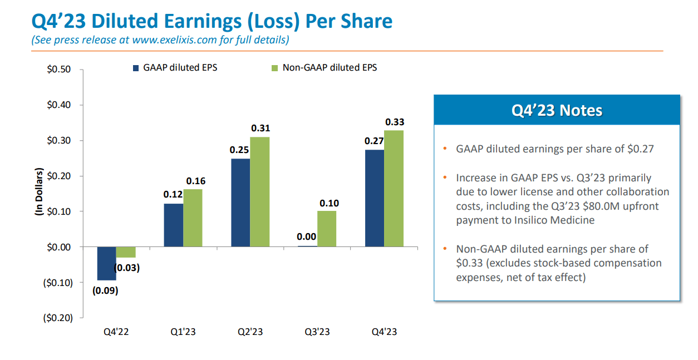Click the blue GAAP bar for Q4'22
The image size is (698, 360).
[106, 263]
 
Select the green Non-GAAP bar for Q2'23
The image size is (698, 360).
[260, 191]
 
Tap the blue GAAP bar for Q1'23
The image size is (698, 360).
[174, 225]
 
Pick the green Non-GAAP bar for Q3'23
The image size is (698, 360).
[327, 229]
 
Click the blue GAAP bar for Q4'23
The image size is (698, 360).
[375, 198]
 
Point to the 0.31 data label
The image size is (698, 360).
[260, 128]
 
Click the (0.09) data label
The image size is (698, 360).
[105, 290]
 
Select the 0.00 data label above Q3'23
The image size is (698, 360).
[307, 236]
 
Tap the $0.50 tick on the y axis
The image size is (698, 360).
[58, 70]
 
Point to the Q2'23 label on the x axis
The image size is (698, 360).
[250, 332]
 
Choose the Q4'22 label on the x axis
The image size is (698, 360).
[116, 332]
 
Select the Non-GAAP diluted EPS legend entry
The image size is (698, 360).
[329, 68]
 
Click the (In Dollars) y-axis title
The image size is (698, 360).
[40, 191]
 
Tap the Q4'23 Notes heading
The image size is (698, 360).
[557, 110]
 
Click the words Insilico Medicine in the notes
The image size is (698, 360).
[552, 220]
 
